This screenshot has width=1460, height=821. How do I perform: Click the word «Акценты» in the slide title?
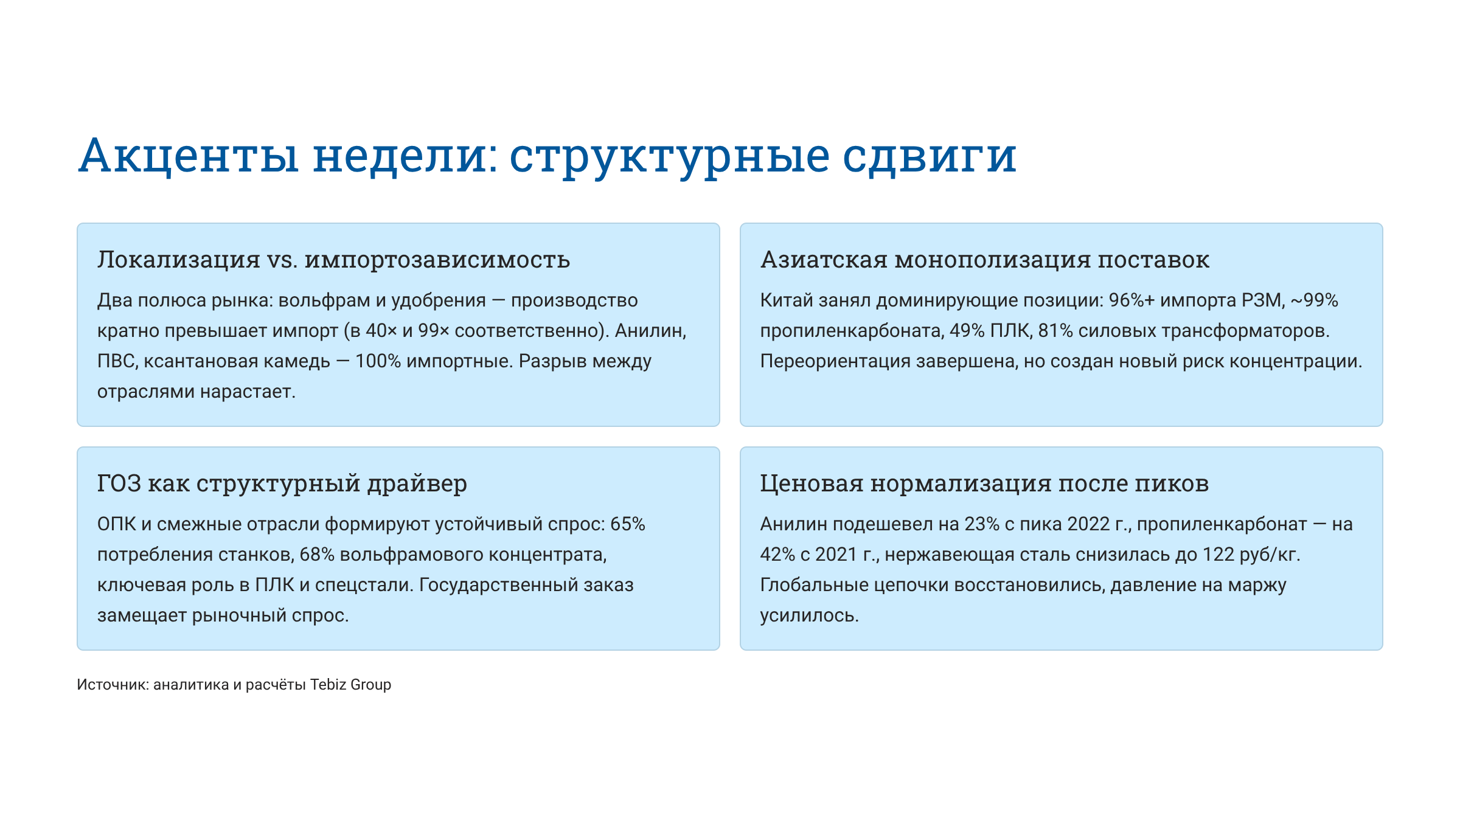click(189, 156)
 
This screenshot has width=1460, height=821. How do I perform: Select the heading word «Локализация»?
click(179, 260)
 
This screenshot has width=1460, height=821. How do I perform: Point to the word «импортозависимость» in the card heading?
click(437, 260)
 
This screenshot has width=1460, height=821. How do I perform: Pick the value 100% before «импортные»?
click(378, 361)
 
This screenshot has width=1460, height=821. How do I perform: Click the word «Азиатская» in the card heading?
click(824, 260)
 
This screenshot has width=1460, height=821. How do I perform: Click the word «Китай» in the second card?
click(787, 300)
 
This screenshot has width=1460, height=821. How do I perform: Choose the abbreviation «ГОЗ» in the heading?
click(119, 483)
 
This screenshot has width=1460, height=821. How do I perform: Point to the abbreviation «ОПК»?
click(117, 524)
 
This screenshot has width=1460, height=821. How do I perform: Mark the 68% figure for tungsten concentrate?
click(317, 555)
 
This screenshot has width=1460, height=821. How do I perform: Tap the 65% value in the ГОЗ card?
click(628, 524)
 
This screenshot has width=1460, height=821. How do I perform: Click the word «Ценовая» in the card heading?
click(812, 483)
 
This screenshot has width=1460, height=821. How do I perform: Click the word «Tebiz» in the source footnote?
click(328, 685)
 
